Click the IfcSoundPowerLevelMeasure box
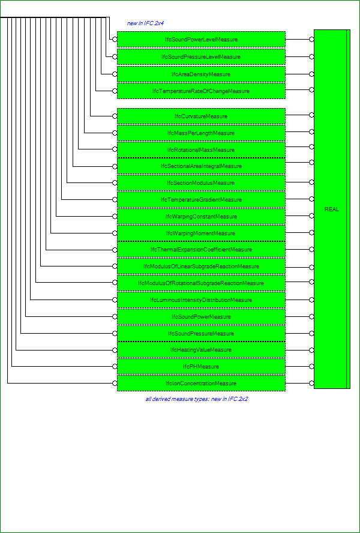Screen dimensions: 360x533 201,40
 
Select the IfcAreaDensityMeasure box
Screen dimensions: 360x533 201,74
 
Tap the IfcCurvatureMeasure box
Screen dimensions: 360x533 201,116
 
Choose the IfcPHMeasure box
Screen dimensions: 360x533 201,366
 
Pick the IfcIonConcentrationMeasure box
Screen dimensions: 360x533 201,384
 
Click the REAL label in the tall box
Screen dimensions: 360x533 332,209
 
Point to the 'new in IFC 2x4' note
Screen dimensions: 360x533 145,23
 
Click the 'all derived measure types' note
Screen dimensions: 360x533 196,399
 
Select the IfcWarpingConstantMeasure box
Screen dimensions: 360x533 201,217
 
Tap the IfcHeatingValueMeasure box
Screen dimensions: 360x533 201,350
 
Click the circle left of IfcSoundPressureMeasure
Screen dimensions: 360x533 115,334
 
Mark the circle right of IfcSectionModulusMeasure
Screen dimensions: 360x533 311,182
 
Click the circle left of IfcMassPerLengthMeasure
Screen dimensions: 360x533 115,133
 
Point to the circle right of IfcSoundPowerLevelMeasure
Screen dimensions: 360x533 311,40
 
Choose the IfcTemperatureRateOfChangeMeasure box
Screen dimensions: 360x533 201,91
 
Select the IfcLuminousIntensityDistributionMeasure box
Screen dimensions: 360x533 201,300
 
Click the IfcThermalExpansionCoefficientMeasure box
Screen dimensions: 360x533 201,250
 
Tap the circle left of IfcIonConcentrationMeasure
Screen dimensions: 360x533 115,384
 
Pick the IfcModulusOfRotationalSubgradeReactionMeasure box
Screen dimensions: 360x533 201,283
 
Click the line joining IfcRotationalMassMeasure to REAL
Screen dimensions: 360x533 297,147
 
